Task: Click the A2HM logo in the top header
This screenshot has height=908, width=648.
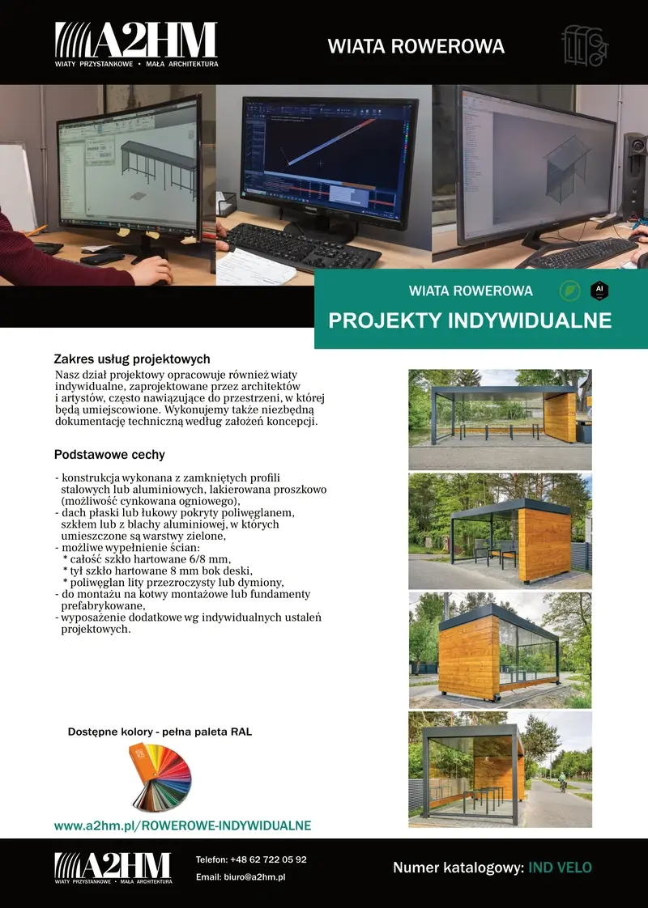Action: [x=136, y=45]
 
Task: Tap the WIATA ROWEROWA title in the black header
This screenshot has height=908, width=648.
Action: [x=416, y=46]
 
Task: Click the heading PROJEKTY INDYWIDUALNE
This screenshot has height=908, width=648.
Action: [x=470, y=320]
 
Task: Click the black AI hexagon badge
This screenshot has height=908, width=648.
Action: [x=599, y=290]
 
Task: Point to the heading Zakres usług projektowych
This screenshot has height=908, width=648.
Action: [x=132, y=359]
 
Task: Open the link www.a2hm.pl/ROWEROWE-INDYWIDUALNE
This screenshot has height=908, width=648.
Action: [x=182, y=825]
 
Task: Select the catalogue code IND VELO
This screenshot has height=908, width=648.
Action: [x=560, y=868]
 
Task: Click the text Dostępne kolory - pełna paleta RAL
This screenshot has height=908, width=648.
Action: [x=160, y=732]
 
